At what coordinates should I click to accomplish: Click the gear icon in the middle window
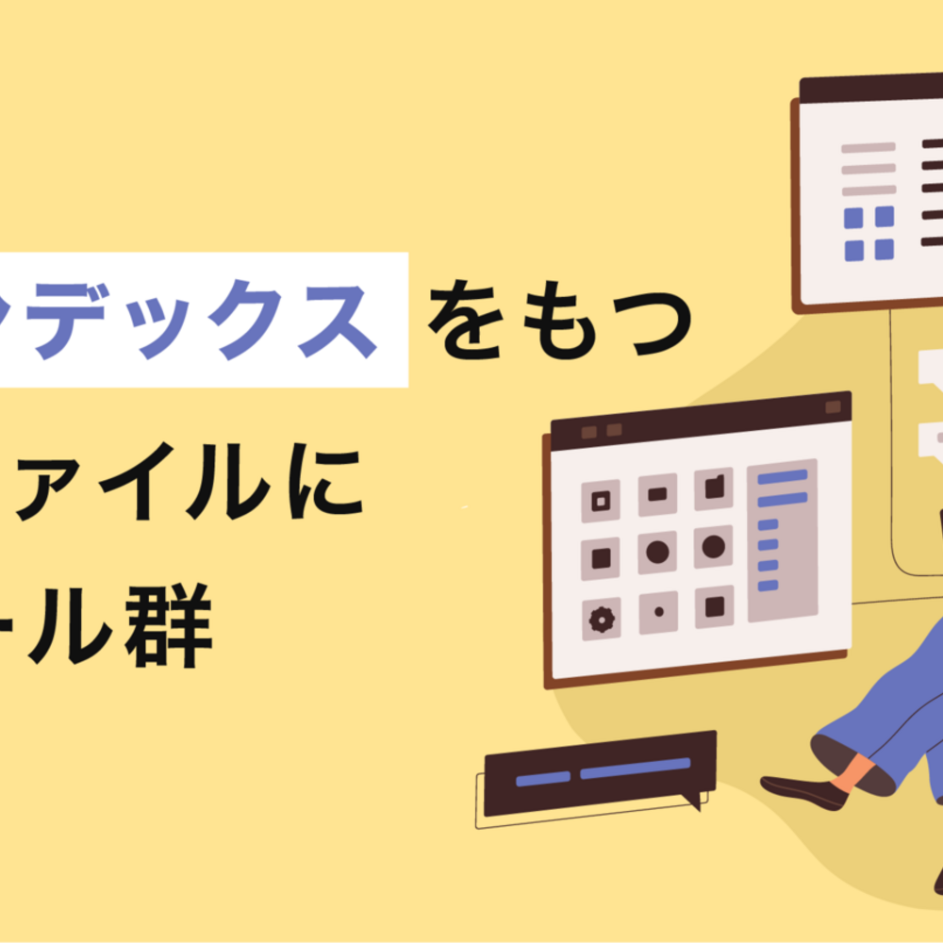tap(601, 619)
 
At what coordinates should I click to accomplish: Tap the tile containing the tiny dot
tap(658, 612)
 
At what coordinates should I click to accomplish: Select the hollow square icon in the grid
tap(601, 501)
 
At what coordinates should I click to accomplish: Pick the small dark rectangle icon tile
tap(657, 494)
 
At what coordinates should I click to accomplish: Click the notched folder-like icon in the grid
tap(714, 488)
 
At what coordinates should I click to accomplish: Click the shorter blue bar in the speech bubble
tap(543, 778)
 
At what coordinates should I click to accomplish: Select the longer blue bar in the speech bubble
tap(635, 769)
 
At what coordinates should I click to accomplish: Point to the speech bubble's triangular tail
tap(695, 802)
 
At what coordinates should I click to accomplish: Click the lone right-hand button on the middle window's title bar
tap(833, 406)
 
